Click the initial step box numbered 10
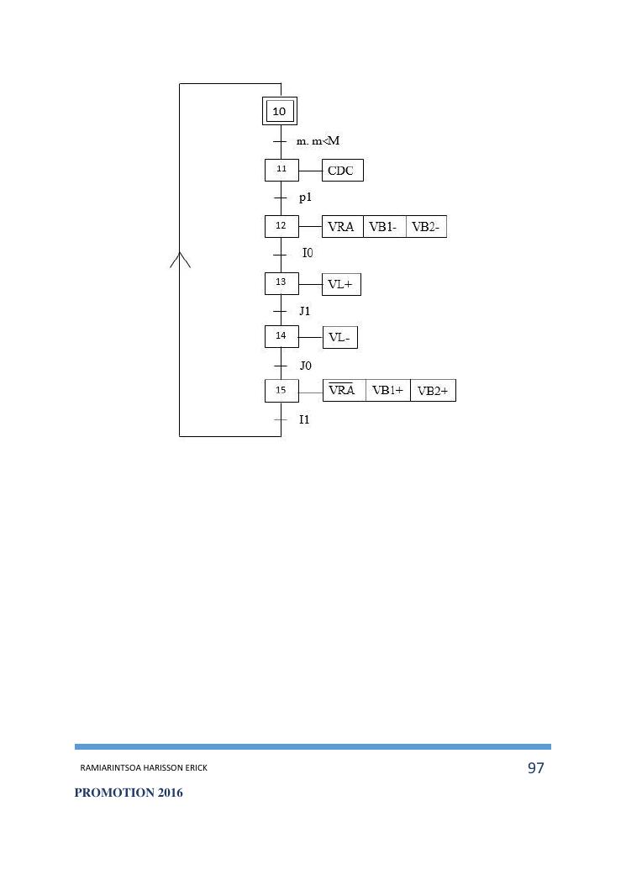point(281,111)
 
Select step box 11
point(281,170)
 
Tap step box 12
point(281,226)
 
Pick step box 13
point(281,283)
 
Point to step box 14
point(281,337)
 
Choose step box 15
point(281,391)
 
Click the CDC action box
point(343,171)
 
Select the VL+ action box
point(341,285)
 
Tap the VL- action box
point(341,338)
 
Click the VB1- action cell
point(384,227)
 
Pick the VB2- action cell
point(426,227)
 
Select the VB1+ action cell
point(388,391)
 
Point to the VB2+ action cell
point(433,391)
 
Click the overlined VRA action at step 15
point(344,391)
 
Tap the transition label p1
point(307,198)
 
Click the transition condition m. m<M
point(318,140)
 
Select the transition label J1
point(305,311)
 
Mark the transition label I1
point(304,419)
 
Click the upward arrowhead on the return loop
point(180,259)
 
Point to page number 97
point(535,768)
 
